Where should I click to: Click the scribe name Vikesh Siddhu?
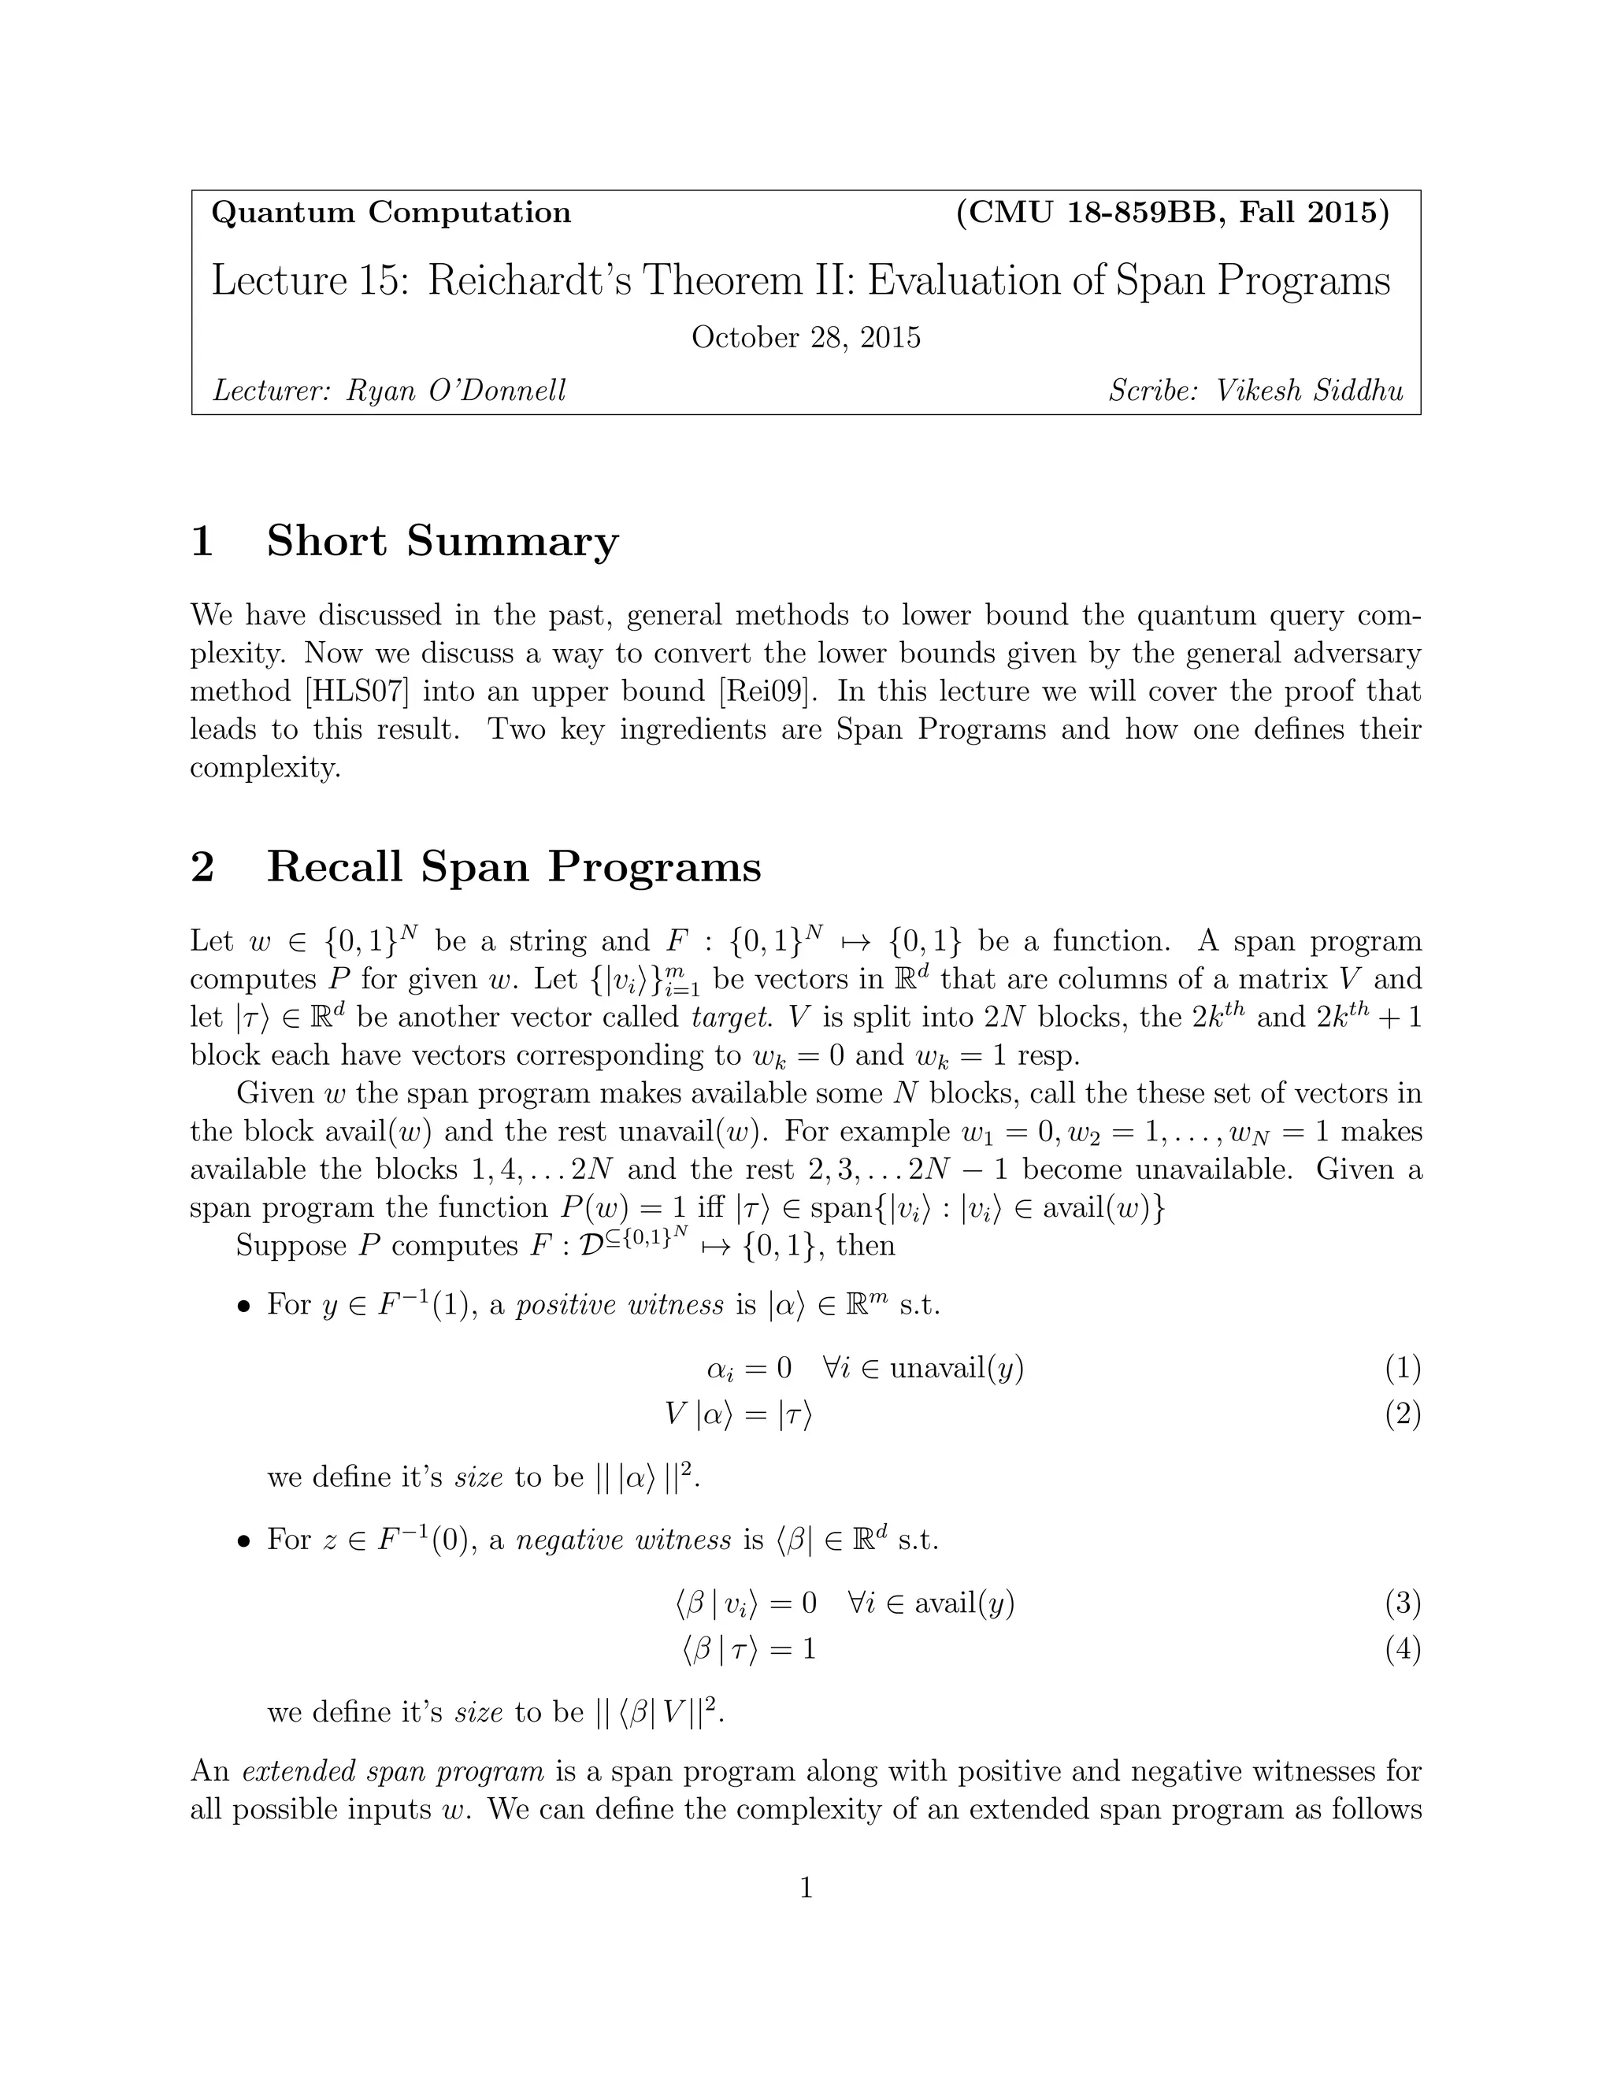tap(1308, 390)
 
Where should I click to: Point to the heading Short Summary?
tap(442, 541)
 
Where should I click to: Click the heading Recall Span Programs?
tap(514, 867)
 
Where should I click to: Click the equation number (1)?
tap(1402, 1370)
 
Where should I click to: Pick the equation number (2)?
tap(1402, 1414)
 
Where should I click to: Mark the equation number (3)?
tap(1402, 1603)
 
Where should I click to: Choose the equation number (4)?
tap(1402, 1649)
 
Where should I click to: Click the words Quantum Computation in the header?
tap(390, 212)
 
